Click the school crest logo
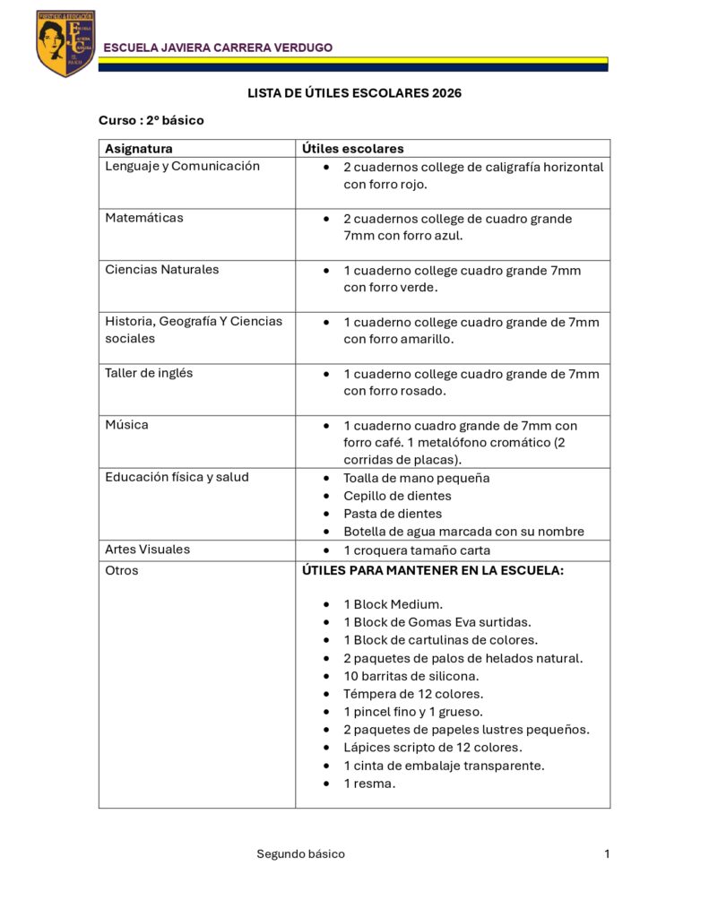65,43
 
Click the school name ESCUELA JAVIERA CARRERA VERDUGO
219,48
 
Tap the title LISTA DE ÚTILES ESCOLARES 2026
354,93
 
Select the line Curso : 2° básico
151,120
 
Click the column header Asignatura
139,149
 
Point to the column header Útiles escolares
353,149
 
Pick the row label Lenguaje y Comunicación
182,166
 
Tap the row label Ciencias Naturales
161,270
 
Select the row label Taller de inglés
149,373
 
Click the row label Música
126,425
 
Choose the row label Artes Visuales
147,550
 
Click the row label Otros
122,570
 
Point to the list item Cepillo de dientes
397,496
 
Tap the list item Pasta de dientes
393,514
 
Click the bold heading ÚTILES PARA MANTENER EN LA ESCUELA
433,570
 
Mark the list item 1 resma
369,784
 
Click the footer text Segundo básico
300,854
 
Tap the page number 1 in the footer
607,854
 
